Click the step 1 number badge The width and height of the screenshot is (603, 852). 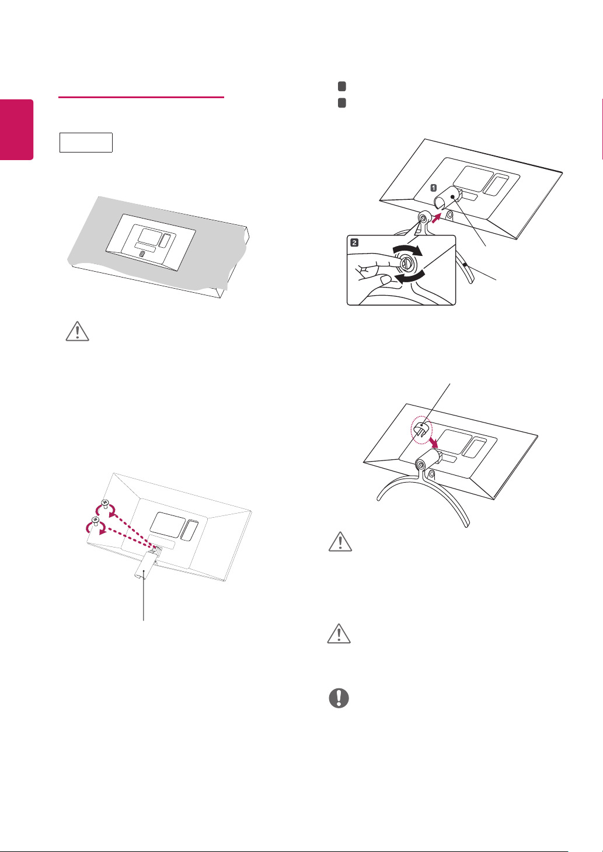[434, 188]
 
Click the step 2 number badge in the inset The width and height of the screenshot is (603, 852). [354, 243]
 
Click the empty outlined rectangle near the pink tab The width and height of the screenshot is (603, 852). [86, 143]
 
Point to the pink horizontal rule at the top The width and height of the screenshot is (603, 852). [141, 98]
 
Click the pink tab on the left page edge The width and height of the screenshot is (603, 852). [17, 130]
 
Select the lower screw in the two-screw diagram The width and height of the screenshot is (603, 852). [95, 520]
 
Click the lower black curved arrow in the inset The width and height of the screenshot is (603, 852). [410, 278]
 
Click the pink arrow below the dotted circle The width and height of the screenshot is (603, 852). [433, 442]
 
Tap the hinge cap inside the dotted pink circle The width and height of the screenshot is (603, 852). [421, 428]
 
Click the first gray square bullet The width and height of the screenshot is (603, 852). [342, 86]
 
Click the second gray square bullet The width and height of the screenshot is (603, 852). [342, 103]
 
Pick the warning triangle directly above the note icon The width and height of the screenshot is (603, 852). [339, 633]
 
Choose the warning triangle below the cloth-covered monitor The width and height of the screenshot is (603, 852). [78, 331]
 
